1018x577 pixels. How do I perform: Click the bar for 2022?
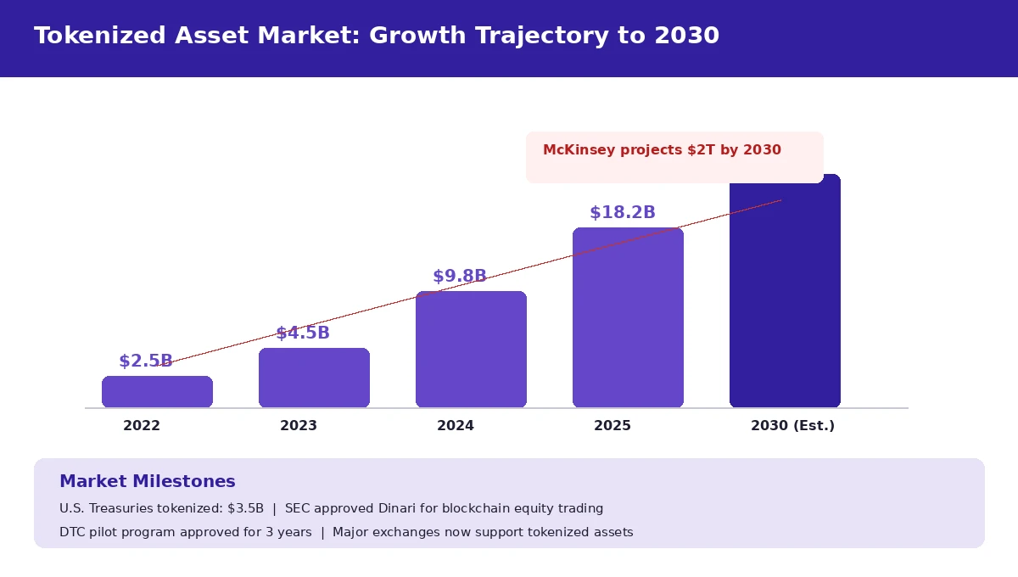click(x=157, y=392)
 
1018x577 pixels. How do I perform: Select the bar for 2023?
click(x=314, y=378)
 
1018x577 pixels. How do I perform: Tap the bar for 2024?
click(x=471, y=350)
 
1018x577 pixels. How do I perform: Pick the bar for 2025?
click(x=628, y=318)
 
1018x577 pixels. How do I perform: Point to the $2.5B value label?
click(x=146, y=361)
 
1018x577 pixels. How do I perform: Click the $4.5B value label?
click(x=303, y=333)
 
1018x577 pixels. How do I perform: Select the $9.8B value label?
click(x=460, y=277)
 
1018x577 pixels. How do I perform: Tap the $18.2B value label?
click(x=623, y=213)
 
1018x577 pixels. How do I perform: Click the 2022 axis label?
click(x=142, y=426)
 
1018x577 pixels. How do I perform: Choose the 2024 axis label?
click(x=456, y=426)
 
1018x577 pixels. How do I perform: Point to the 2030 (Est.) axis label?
click(x=792, y=426)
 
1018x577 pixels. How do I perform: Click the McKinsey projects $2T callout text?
click(x=662, y=150)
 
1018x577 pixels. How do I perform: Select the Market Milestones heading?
click(x=148, y=482)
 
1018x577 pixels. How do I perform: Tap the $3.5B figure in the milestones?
click(x=245, y=509)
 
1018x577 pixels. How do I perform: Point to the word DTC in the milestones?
click(x=73, y=533)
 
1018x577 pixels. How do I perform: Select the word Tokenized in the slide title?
click(x=99, y=36)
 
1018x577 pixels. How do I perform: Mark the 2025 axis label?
click(x=612, y=426)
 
